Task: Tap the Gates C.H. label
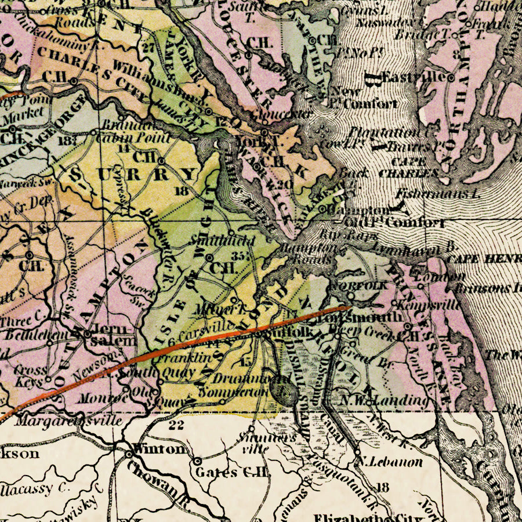(233, 472)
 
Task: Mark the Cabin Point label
(134, 138)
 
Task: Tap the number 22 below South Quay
(176, 426)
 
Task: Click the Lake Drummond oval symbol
(288, 395)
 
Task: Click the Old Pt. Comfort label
(394, 223)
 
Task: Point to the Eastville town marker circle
(451, 77)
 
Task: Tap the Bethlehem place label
(28, 335)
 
